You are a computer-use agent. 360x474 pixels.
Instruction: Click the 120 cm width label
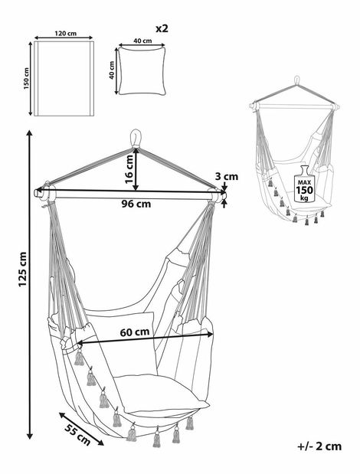click(x=66, y=33)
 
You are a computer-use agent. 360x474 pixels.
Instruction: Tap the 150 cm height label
click(x=27, y=79)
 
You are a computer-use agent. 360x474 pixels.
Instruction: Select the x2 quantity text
click(x=162, y=28)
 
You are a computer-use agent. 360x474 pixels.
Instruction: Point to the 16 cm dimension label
click(x=129, y=169)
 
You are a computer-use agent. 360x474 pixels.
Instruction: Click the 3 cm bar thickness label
click(x=227, y=176)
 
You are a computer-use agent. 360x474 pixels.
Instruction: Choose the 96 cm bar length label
click(x=136, y=204)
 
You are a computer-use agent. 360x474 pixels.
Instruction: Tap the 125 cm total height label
click(x=23, y=269)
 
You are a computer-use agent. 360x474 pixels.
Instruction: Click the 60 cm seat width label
click(x=135, y=332)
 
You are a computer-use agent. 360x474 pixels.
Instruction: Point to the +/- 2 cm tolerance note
click(x=319, y=446)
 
